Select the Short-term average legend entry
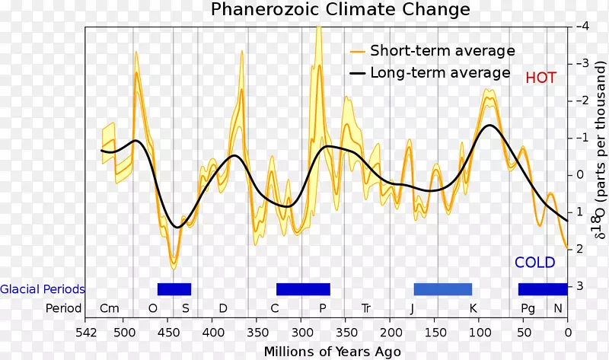442,51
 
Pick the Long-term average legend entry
439,73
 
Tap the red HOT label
540,78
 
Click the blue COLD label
535,263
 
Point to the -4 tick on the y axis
582,26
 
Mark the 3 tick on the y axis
581,286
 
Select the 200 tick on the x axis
390,332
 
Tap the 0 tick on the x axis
567,332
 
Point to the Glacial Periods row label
43,289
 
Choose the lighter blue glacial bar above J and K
442,289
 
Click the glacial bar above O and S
174,289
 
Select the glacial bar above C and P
303,289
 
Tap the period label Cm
110,308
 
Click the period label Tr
366,308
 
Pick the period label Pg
528,308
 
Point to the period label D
222,308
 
